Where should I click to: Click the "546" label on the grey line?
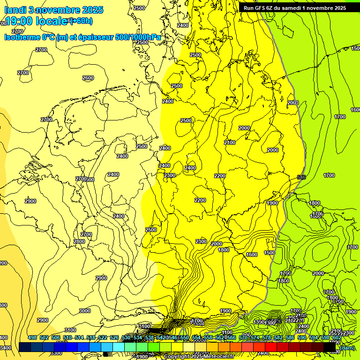[301, 177]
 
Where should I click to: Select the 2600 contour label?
[88, 78]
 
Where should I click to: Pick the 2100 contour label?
[230, 142]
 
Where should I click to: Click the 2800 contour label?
[79, 241]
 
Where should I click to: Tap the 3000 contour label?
[85, 311]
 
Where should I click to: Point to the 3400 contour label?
[5, 348]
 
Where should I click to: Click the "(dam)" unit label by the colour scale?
[347, 347]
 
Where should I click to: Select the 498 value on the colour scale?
[32, 337]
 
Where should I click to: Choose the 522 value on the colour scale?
[103, 337]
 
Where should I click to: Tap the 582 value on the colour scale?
[278, 337]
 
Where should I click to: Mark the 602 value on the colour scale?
[337, 337]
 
